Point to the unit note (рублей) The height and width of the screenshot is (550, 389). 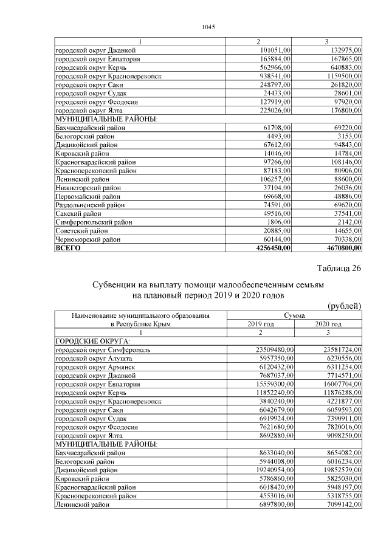click(x=345, y=306)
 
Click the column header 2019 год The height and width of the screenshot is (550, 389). click(x=261, y=325)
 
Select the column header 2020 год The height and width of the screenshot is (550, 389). click(x=328, y=325)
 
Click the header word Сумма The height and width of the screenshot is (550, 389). click(x=295, y=316)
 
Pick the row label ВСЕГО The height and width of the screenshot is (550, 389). click(x=68, y=248)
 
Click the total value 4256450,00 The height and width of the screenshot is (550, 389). click(x=268, y=248)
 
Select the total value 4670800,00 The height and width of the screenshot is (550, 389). click(x=337, y=248)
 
